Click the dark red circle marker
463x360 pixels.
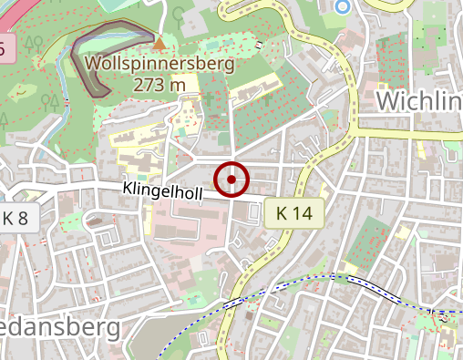(231, 179)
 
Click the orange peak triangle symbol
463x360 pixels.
(160, 43)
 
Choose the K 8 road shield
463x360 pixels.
(15, 217)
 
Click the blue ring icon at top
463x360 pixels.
(343, 7)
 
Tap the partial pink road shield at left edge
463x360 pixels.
(3, 48)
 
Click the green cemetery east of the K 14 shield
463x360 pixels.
(369, 239)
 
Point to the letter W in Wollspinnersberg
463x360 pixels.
(94, 65)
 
